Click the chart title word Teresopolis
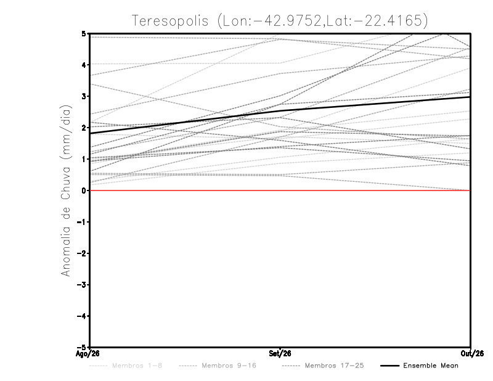[x=170, y=21]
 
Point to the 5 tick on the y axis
[x=84, y=33]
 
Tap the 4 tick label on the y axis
[x=84, y=65]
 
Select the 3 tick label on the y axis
[x=84, y=96]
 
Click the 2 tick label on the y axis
[x=84, y=128]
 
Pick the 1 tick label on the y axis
[x=84, y=159]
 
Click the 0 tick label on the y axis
[x=84, y=190]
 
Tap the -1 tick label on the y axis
[x=81, y=222]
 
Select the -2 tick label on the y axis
[x=81, y=253]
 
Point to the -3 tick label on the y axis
[x=81, y=285]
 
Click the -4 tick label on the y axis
[x=81, y=316]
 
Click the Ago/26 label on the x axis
[x=88, y=354]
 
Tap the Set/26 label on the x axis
[x=280, y=354]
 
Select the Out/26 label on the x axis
[x=472, y=354]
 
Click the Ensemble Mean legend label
[x=431, y=366]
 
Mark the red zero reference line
[x=280, y=190]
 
